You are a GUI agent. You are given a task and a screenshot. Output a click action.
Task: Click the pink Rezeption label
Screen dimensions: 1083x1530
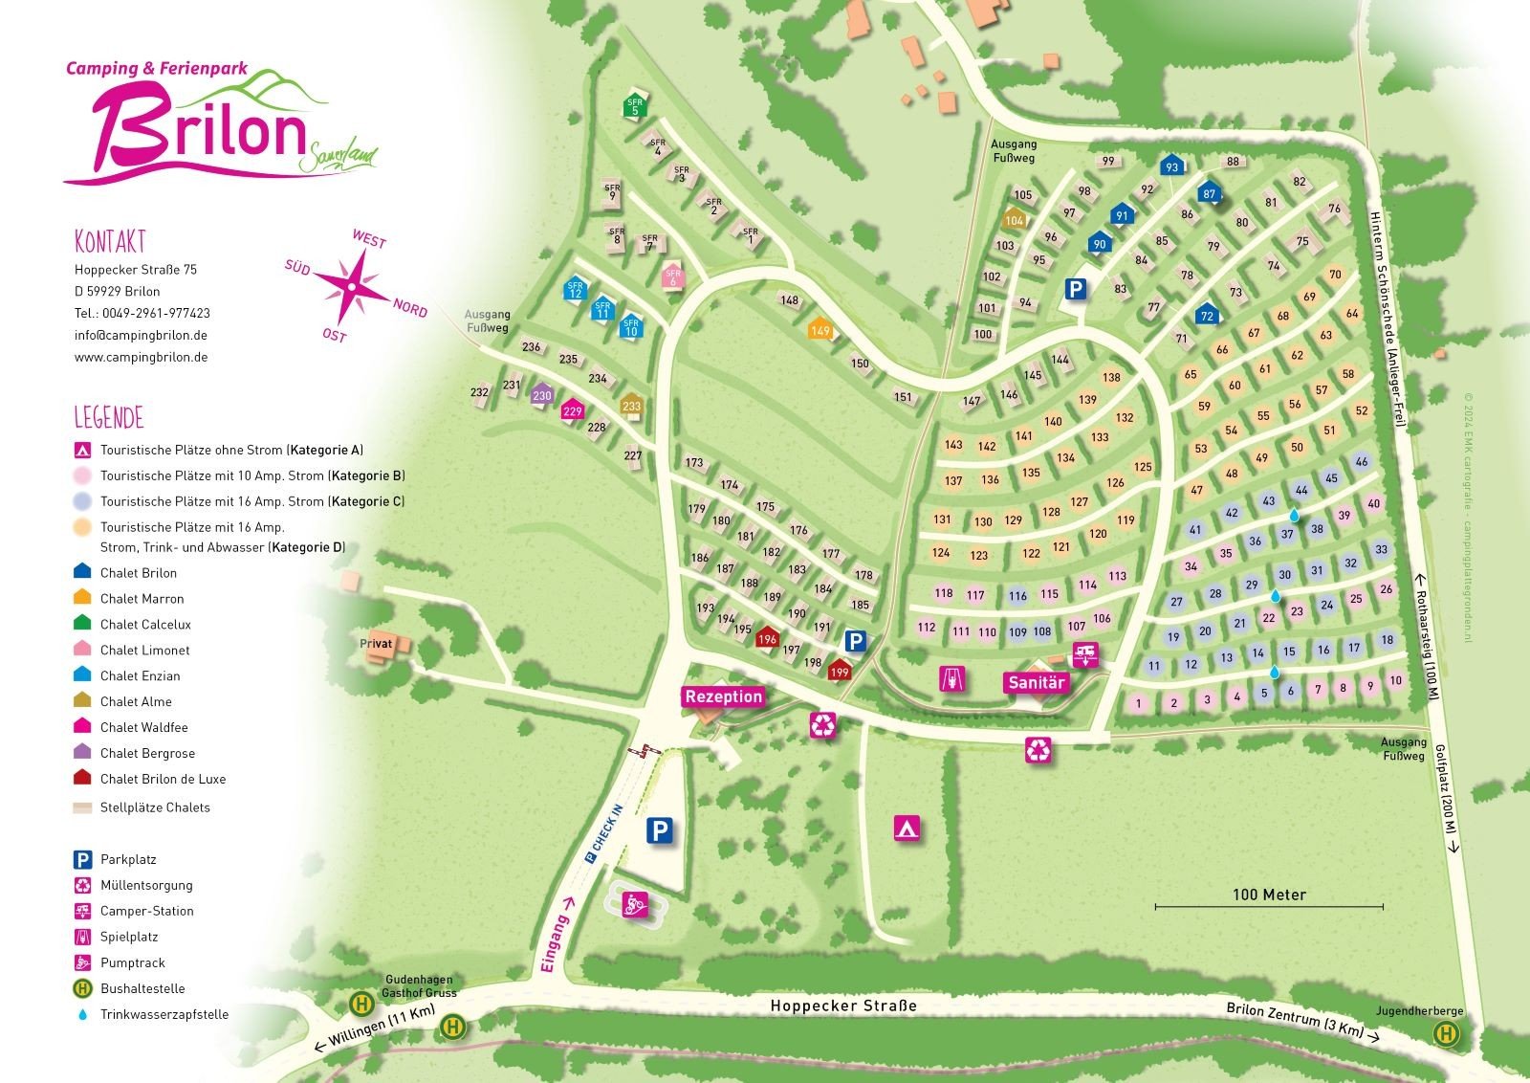[x=723, y=696]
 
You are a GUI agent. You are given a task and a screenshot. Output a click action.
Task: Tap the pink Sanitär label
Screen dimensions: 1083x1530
[x=1036, y=683]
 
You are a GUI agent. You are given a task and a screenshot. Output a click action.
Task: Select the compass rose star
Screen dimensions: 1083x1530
[x=353, y=285]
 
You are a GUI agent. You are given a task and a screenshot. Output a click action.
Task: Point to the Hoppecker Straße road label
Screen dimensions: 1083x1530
[x=842, y=1006]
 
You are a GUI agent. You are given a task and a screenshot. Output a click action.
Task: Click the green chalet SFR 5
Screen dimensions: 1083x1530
[x=635, y=106]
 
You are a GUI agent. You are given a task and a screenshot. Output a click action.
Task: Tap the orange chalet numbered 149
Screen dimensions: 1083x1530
[x=820, y=330]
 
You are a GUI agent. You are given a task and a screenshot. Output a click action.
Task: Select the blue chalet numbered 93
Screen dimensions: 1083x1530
[x=1171, y=166]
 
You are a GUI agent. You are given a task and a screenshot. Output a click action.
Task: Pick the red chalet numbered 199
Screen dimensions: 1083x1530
[x=839, y=671]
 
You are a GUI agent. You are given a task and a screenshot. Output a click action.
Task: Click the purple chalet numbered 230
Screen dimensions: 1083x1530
[x=542, y=394]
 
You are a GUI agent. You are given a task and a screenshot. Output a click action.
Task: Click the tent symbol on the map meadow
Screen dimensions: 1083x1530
[x=907, y=828]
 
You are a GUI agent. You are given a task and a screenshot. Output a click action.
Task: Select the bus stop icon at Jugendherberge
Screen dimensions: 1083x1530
[x=1446, y=1033]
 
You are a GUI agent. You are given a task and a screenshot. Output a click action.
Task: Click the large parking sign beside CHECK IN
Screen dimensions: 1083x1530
[x=659, y=830]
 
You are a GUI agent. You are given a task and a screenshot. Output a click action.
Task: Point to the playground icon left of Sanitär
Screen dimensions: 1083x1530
[x=952, y=679]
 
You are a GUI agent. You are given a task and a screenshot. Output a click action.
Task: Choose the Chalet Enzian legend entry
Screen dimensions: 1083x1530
[x=140, y=675]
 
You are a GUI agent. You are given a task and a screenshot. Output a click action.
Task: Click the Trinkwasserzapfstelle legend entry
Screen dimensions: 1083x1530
[x=164, y=1014]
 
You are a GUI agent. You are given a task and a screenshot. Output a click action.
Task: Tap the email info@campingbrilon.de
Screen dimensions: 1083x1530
[x=141, y=335]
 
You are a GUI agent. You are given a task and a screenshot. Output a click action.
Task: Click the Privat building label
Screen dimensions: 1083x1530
[x=376, y=644]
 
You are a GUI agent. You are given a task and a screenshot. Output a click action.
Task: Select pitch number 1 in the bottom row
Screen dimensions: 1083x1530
[x=1138, y=704]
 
